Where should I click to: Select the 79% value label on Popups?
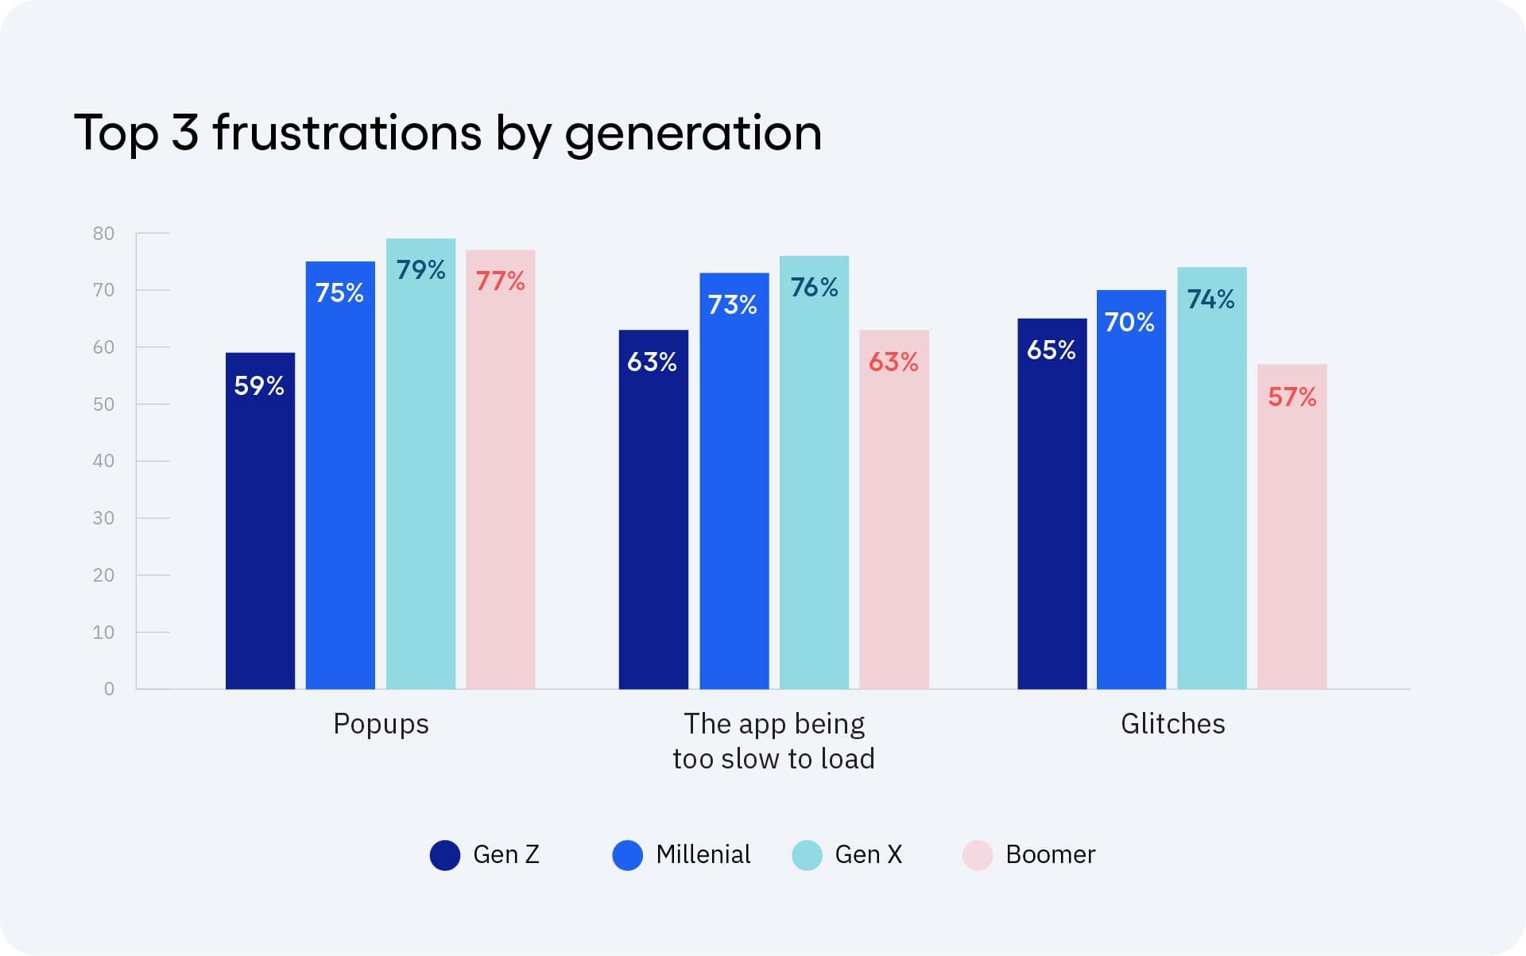coord(420,270)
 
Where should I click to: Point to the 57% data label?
coord(1292,397)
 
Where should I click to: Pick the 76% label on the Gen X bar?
coord(814,287)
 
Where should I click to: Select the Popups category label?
coord(381,724)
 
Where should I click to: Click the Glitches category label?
coord(1172,724)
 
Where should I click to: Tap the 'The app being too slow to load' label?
coord(773,741)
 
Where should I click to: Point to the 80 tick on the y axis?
coord(103,234)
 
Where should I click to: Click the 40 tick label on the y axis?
coord(103,461)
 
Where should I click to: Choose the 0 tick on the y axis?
coord(109,689)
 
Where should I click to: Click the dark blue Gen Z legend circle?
coord(445,855)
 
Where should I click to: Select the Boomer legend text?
coord(1050,854)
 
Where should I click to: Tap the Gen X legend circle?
coord(807,855)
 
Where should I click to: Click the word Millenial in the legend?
coord(703,854)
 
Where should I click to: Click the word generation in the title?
coord(693,134)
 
